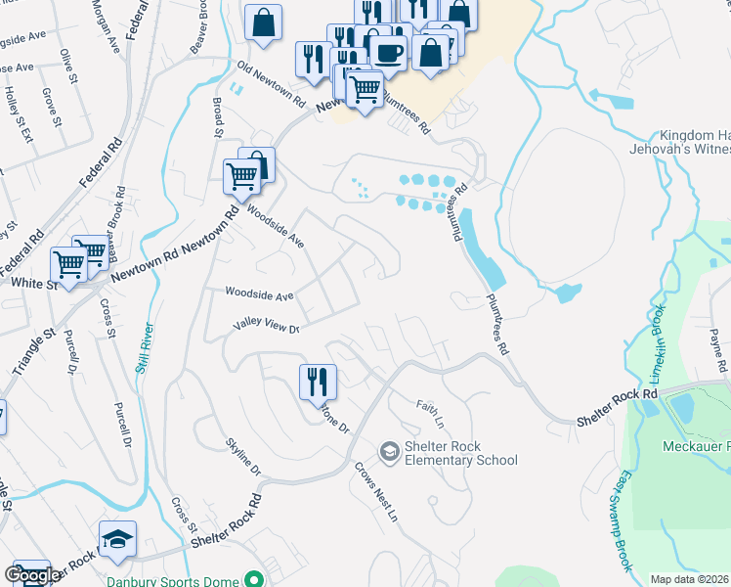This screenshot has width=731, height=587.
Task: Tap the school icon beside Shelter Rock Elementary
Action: pos(390,450)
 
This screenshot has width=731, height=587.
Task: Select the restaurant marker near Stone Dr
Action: pos(317,382)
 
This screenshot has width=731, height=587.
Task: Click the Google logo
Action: pos(32,575)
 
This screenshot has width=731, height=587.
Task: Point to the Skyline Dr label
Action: pos(242,456)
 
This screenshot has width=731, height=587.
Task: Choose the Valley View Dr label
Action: pos(264,328)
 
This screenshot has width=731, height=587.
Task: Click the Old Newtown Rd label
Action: pos(272,85)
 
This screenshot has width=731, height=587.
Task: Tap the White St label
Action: pos(29,282)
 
